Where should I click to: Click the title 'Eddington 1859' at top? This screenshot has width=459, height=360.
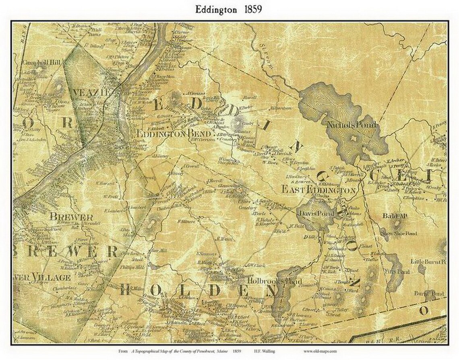[x=229, y=9]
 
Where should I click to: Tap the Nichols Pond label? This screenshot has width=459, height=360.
[x=352, y=125]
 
